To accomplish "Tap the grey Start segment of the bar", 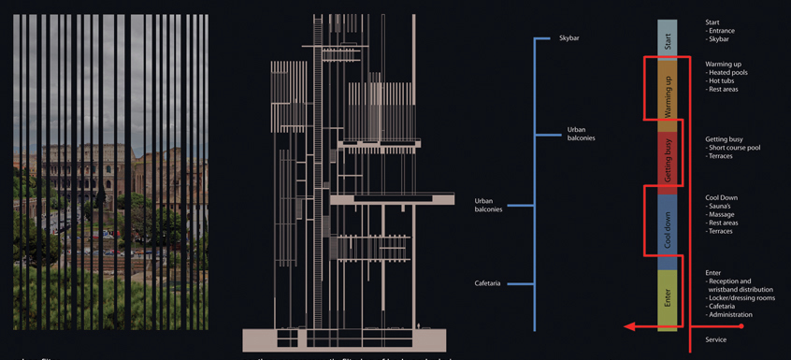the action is pos(667,41).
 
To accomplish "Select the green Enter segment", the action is pos(667,299).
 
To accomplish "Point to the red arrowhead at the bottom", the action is pos(631,327).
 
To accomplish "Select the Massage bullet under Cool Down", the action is pos(725,214).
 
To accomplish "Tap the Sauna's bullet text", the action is pos(725,206).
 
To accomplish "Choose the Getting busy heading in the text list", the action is pos(728,139).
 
